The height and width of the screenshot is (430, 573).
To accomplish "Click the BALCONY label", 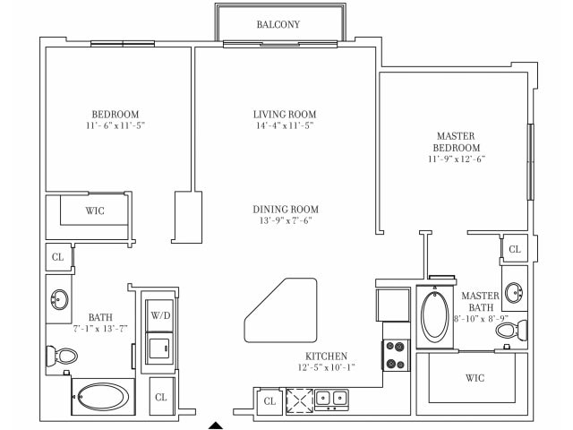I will point(278,24).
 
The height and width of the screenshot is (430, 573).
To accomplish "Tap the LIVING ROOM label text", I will point(285,115).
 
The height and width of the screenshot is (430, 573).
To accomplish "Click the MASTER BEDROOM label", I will point(457,142).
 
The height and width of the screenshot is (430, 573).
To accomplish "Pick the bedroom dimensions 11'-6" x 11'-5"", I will point(115,126).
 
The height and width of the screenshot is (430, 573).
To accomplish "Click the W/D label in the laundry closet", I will point(161,315).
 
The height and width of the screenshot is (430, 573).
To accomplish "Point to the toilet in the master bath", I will point(508,332).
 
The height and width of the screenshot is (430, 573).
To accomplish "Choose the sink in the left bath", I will point(60,299).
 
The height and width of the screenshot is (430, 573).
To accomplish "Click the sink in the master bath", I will point(515,291).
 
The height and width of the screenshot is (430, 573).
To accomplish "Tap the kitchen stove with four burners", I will point(396,355).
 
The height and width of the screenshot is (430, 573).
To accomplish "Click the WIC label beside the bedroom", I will point(95,211).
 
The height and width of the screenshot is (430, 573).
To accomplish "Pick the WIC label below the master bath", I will point(475,378).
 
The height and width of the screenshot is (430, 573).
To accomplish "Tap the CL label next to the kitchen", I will point(269,402).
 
